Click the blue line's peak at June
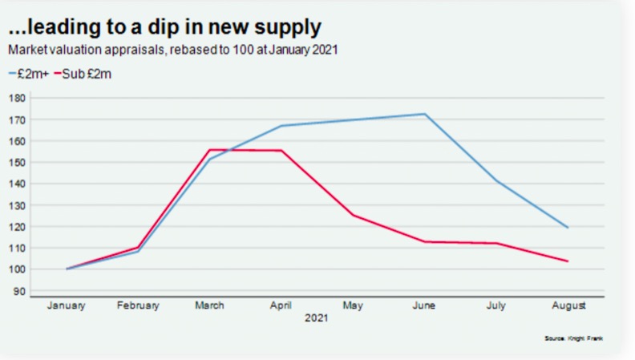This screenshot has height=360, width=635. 424,114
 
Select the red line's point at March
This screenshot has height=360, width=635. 209,150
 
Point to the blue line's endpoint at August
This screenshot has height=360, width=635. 568,228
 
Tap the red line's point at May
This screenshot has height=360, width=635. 353,215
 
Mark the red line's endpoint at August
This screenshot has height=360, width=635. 568,261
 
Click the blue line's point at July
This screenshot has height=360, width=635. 496,181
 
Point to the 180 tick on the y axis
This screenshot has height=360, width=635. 17,98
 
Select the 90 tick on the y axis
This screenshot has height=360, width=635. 19,291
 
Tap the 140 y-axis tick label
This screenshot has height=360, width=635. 17,184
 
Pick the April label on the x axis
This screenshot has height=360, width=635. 281,305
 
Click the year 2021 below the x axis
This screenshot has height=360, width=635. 317,318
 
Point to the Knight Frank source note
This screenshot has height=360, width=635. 572,339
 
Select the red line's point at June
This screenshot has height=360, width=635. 424,241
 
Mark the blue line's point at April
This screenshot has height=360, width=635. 281,126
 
